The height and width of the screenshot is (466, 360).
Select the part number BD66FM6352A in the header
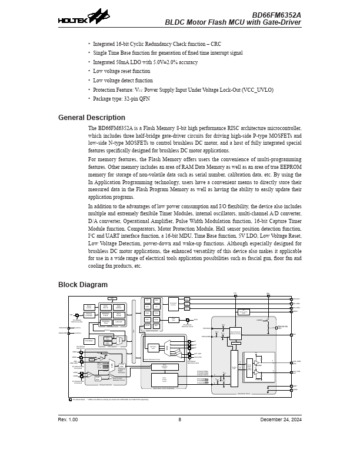[276, 15]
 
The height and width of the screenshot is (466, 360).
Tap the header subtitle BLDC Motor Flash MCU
[233, 23]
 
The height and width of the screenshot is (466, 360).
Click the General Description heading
[91, 118]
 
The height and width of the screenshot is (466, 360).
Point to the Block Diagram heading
[82, 285]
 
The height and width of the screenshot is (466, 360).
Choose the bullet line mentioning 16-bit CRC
[157, 44]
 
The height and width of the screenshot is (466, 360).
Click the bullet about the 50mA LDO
[145, 62]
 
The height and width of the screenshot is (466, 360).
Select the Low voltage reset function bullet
[122, 71]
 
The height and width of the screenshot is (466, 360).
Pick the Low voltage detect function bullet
[123, 81]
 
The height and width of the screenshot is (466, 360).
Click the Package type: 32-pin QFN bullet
[122, 99]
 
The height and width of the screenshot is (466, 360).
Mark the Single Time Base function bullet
[168, 53]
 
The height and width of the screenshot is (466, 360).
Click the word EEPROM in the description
[289, 167]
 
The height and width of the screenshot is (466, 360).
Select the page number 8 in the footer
[180, 420]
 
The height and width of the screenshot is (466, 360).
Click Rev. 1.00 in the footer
[68, 420]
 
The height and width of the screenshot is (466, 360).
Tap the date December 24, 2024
[281, 420]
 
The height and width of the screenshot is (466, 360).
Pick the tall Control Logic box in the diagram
[234, 368]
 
